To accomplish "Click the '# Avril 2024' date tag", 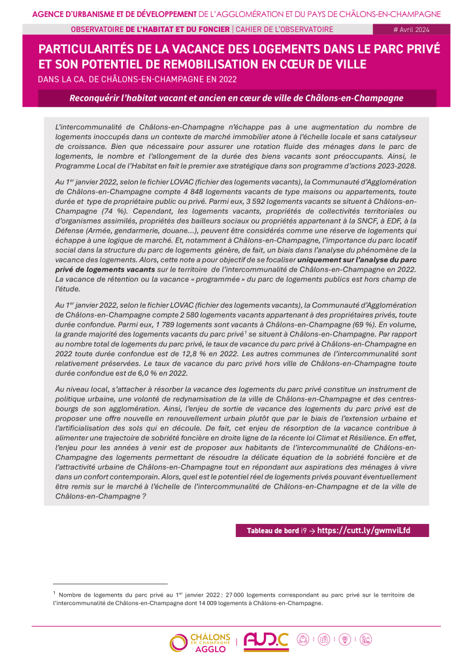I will [411, 29].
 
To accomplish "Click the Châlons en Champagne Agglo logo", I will [199, 642].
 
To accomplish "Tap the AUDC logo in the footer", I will [266, 642].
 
